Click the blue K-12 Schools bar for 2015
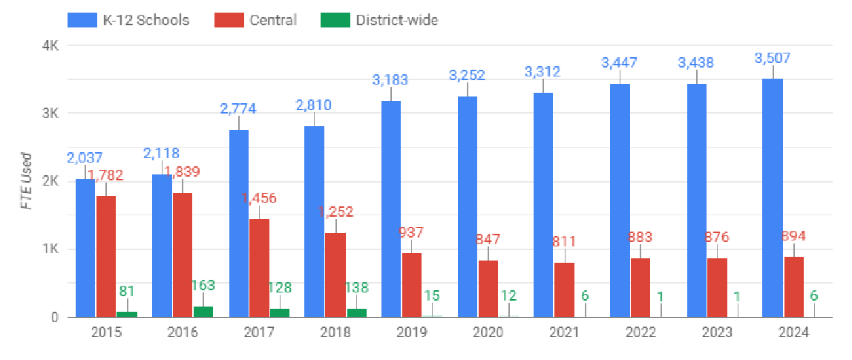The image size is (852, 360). (x=85, y=248)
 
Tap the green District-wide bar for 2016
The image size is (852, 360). (x=203, y=312)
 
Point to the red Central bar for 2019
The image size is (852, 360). (x=412, y=285)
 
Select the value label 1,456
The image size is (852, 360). (x=259, y=197)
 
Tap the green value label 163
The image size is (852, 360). (x=203, y=285)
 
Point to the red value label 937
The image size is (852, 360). (x=412, y=232)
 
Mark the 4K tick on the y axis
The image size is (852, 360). (x=50, y=45)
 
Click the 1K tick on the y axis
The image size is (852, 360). (x=50, y=249)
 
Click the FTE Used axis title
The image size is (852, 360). (x=26, y=181)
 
